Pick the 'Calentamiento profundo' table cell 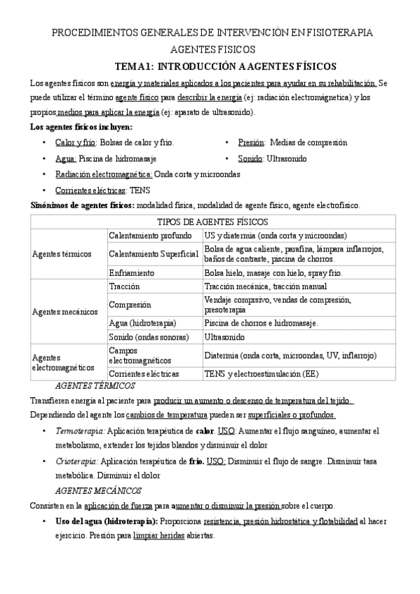point(149,235)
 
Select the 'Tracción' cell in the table point(125,286)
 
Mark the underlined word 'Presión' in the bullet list point(252,142)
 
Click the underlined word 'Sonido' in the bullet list point(251,159)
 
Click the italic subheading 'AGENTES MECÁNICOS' point(98,490)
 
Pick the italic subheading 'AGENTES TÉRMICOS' point(95,386)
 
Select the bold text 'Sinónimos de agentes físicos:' point(82,206)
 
